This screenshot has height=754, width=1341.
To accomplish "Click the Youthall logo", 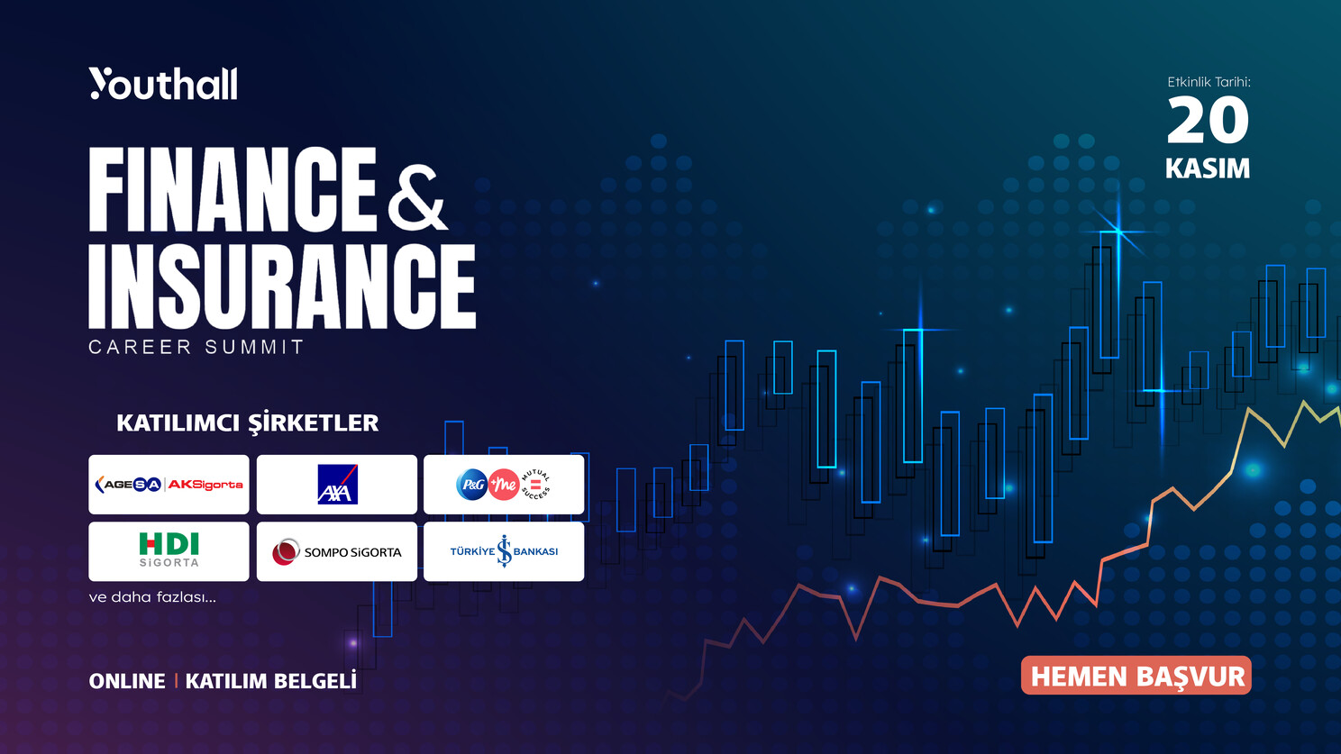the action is click(x=163, y=84).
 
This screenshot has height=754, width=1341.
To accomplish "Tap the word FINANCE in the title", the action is click(x=233, y=189).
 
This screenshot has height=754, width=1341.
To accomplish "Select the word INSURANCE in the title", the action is click(x=282, y=286).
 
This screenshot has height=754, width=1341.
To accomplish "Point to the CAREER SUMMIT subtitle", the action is click(x=196, y=347).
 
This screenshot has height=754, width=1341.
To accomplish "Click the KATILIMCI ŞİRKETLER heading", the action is click(x=247, y=423).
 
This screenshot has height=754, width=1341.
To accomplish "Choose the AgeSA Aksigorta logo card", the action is click(x=169, y=484).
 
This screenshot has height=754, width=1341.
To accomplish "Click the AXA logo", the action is click(x=337, y=484).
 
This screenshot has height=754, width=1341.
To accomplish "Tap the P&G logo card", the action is click(x=504, y=484).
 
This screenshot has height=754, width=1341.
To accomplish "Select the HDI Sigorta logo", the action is click(x=169, y=550).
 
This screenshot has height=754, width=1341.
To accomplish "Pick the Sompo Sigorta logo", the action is click(x=337, y=551).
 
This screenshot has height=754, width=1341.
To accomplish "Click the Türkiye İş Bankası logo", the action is click(x=504, y=551).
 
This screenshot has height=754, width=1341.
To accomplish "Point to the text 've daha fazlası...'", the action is click(x=152, y=597).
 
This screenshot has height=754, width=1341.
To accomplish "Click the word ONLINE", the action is click(x=127, y=681).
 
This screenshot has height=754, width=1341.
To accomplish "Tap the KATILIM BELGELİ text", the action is click(x=270, y=680).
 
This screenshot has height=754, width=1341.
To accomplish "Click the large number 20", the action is click(x=1209, y=121).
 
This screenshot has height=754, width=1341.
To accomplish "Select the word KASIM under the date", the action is click(x=1208, y=168).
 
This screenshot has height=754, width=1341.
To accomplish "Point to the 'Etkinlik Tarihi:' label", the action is click(x=1209, y=82).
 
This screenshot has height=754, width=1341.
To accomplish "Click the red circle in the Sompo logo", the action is click(x=286, y=551).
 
